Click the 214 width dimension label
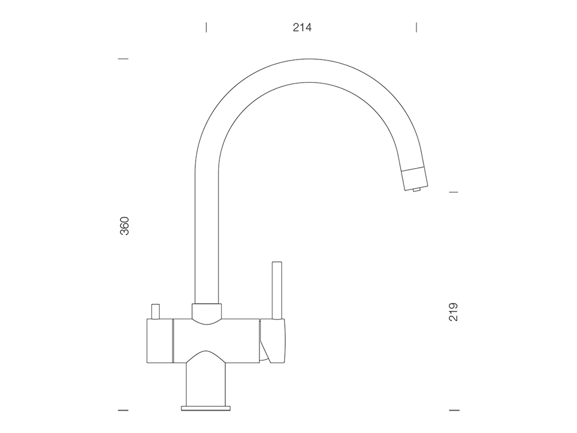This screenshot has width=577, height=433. coord(302,28)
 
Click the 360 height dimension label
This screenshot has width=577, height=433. coord(125,226)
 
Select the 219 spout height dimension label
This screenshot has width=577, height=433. coord(454,312)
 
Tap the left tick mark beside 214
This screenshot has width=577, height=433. coord(206,27)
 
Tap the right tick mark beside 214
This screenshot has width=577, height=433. coord(416,27)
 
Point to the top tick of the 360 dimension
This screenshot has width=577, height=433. coord(123,58)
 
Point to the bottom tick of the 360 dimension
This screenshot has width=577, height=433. coord(123,410)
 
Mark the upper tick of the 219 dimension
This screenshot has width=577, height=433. coord(454,192)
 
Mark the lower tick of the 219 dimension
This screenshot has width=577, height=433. coord(454,410)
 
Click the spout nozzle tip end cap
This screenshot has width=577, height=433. coord(415,178)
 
